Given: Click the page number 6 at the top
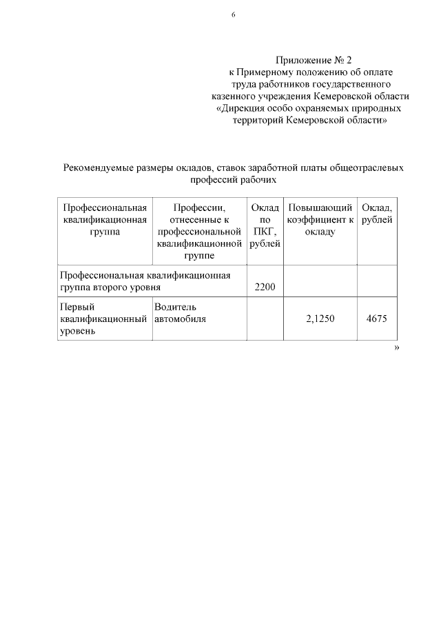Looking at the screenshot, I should pos(234,14).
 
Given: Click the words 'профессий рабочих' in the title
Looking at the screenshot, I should pos(233,179).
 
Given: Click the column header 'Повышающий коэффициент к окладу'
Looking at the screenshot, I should pos(320,219).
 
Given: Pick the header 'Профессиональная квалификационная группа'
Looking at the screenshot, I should pos(105,219).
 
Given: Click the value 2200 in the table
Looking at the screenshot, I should pos(265,286).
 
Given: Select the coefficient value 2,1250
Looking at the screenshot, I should pos(319,319).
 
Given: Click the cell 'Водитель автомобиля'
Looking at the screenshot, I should pos(181,312).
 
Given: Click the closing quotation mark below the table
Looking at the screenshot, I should pos(397,348).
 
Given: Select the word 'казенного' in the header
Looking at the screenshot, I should pos(233,96).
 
